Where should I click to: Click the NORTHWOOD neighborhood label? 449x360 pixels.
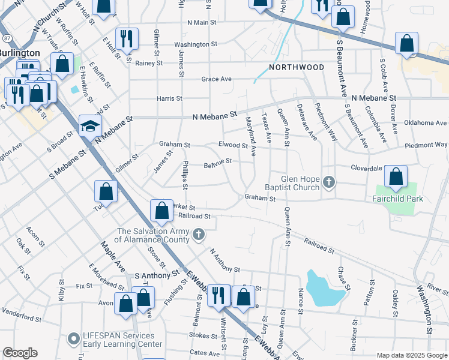pyautogui.click(x=297, y=67)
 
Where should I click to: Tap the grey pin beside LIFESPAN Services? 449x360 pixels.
pyautogui.click(x=73, y=340)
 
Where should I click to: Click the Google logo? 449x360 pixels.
pyautogui.click(x=20, y=353)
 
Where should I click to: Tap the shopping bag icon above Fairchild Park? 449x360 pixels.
pyautogui.click(x=396, y=177)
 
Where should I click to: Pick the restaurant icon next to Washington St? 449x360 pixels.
pyautogui.click(x=127, y=39)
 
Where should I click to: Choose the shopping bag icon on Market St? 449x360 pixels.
pyautogui.click(x=161, y=211)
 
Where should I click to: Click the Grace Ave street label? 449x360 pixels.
pyautogui.click(x=217, y=79)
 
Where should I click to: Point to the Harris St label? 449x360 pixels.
pyautogui.click(x=170, y=98)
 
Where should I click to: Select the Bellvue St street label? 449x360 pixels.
pyautogui.click(x=217, y=163)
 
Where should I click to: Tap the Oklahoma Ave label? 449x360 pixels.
pyautogui.click(x=426, y=123)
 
